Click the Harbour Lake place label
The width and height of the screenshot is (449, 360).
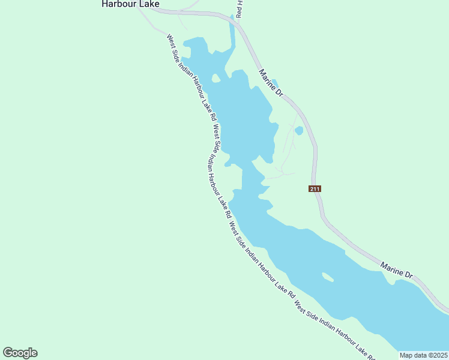tap(130, 4)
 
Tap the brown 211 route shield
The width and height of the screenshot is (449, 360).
tap(315, 188)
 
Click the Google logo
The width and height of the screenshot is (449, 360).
tap(20, 353)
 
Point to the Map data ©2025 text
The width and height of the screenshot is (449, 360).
tap(423, 355)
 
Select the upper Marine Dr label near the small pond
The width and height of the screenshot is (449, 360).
tap(270, 83)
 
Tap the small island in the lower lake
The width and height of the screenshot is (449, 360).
tap(328, 277)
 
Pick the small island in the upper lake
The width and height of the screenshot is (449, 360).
tap(215, 78)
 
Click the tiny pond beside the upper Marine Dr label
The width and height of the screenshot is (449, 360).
tap(275, 82)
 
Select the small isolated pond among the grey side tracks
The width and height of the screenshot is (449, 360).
tap(299, 130)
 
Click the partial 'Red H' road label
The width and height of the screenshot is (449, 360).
tap(239, 8)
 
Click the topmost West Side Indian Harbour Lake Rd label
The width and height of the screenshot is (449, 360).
tap(192, 80)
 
